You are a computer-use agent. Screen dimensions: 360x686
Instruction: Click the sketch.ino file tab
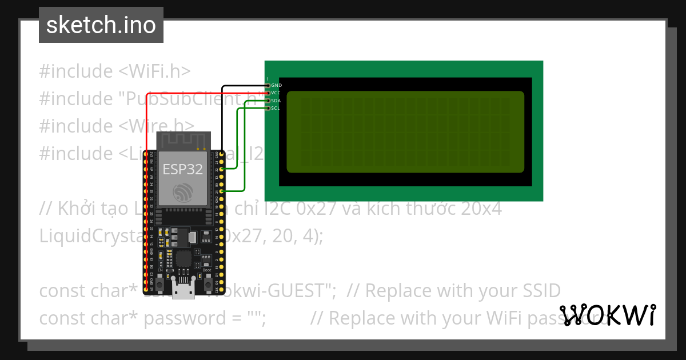coord(101,25)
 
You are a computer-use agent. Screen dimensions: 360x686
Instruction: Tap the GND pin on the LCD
coord(268,85)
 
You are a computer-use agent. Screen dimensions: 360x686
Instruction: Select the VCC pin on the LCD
coord(268,93)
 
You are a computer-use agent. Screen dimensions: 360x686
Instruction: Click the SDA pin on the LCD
coord(268,101)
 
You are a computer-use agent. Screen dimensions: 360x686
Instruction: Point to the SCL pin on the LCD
coord(268,108)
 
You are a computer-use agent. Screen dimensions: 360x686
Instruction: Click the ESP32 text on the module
coord(182,169)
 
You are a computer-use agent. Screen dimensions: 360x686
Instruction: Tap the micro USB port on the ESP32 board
coord(184,291)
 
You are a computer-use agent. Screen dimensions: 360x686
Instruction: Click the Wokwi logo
coord(607,315)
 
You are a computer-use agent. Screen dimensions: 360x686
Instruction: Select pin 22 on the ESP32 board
coord(221,169)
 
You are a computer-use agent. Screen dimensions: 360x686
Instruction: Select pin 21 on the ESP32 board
coord(221,191)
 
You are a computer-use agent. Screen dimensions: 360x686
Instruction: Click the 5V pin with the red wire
coord(147,290)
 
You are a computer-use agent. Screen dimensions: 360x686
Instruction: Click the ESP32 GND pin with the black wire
coord(221,155)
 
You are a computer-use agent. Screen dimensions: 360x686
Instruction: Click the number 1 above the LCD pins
coord(268,79)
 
